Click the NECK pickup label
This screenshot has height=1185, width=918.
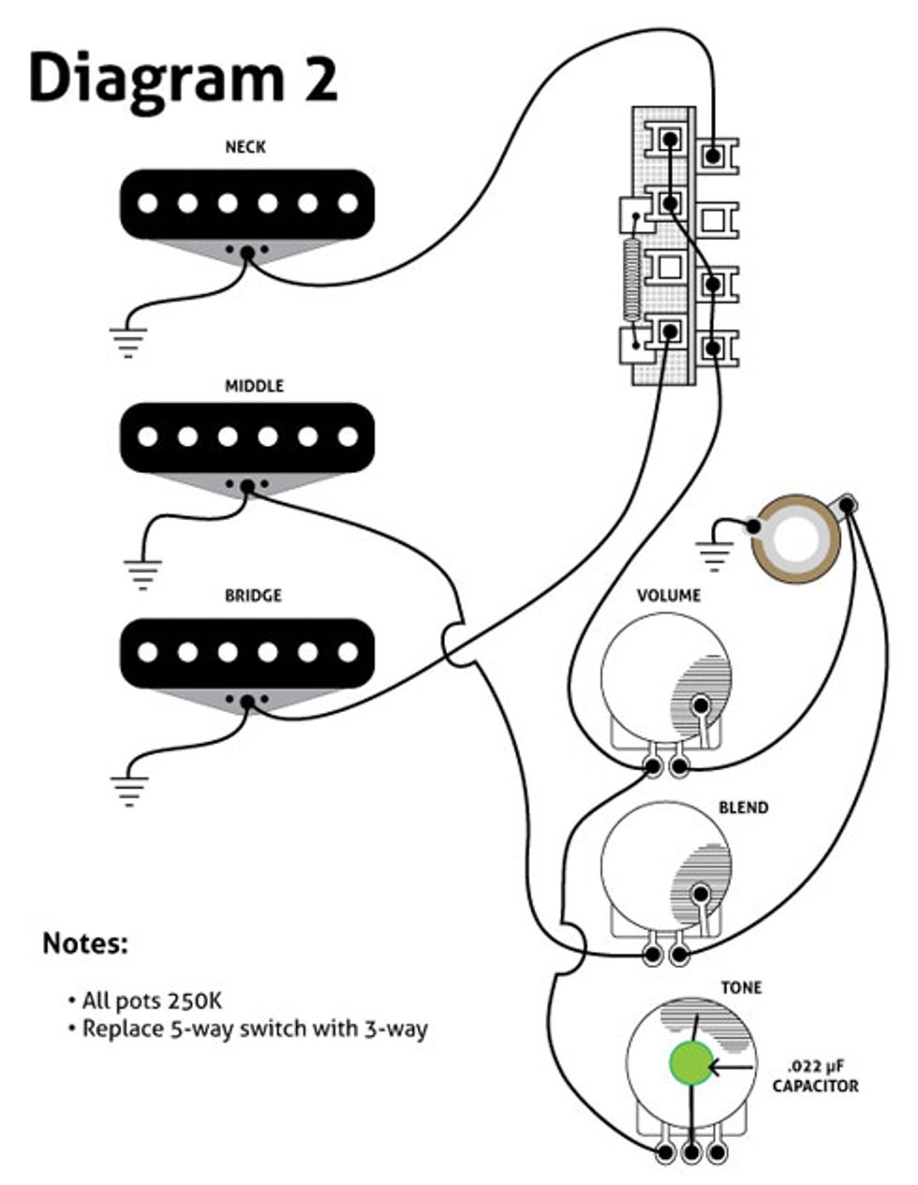pos(245,147)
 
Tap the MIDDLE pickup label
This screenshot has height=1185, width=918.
pos(254,386)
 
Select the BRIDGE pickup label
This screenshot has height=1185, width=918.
pos(253,596)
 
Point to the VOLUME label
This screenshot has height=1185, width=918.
pos(669,596)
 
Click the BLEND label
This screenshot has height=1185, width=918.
pos(743,807)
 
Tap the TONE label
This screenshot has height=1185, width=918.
pos(741,988)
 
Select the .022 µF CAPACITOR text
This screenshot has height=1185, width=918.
pos(815,1075)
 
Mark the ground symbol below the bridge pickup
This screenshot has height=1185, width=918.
pos(127,789)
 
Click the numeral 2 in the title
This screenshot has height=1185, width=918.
pos(318,78)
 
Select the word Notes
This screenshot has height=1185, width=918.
pos(84,943)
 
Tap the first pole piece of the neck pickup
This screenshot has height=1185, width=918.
pos(147,203)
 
